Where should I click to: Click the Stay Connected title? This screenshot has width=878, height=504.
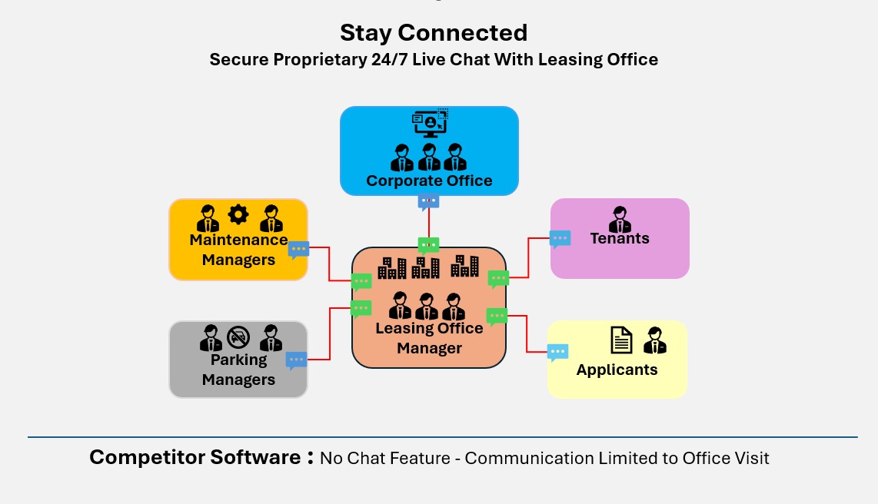pyautogui.click(x=434, y=33)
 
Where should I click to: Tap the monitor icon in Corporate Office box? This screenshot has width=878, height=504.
pyautogui.click(x=430, y=123)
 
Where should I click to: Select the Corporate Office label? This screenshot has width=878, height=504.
pyautogui.click(x=429, y=181)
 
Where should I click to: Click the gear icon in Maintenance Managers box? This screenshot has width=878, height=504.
pyautogui.click(x=238, y=214)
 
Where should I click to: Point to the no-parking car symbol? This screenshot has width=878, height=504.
pyautogui.click(x=238, y=336)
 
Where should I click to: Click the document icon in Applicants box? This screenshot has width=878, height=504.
pyautogui.click(x=621, y=339)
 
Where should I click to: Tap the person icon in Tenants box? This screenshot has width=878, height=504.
pyautogui.click(x=619, y=218)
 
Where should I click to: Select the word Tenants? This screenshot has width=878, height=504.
pyautogui.click(x=620, y=238)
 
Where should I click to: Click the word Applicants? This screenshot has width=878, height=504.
pyautogui.click(x=617, y=370)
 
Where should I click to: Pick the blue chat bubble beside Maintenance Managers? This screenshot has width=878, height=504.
pyautogui.click(x=298, y=249)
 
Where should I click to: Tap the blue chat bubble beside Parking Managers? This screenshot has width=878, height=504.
pyautogui.click(x=296, y=359)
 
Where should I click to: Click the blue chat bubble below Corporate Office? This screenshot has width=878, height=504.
pyautogui.click(x=428, y=201)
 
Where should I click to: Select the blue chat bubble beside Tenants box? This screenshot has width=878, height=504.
pyautogui.click(x=560, y=238)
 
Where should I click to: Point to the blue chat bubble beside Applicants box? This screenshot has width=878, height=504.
pyautogui.click(x=557, y=352)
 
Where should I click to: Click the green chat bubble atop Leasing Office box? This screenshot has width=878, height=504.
pyautogui.click(x=428, y=245)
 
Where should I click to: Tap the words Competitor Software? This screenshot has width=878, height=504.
pyautogui.click(x=195, y=457)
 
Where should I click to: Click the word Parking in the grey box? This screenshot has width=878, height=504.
pyautogui.click(x=238, y=360)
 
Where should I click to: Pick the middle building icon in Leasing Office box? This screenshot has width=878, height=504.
pyautogui.click(x=426, y=267)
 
